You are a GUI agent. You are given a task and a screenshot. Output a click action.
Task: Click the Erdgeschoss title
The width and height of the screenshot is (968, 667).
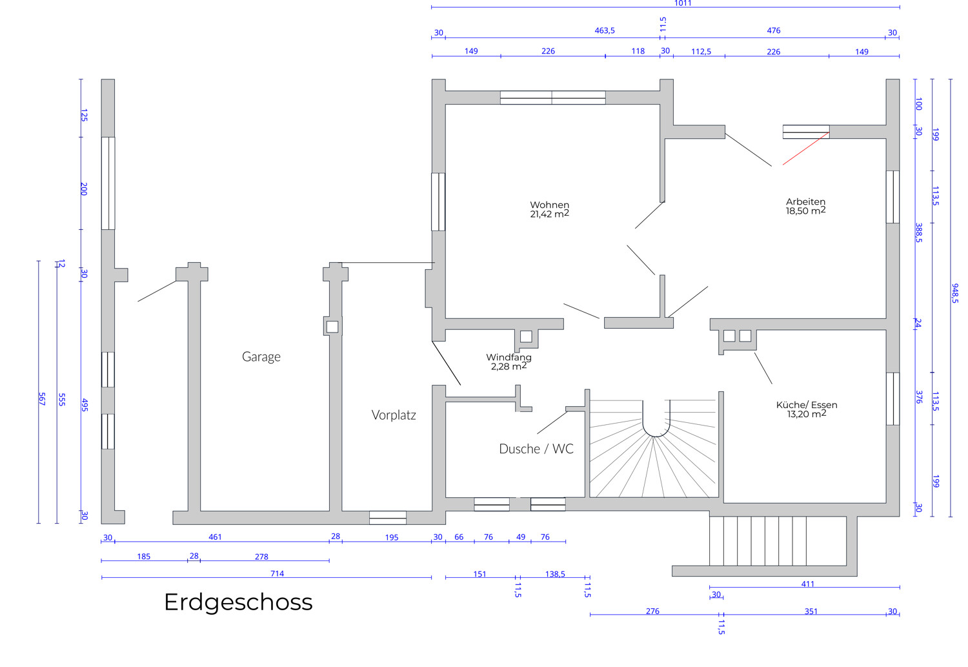pos(238,602)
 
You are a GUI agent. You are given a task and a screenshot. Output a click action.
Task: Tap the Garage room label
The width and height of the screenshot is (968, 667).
pos(261,356)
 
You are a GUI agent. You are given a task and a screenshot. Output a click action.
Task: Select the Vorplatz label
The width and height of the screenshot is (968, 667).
pos(394,415)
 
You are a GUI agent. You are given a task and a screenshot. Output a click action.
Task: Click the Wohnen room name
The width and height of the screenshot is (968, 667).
pos(550,205)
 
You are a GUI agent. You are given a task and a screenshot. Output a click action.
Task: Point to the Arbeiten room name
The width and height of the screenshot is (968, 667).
pos(805,201)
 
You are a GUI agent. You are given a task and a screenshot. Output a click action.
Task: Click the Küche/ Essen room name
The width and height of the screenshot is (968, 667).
pos(807,405)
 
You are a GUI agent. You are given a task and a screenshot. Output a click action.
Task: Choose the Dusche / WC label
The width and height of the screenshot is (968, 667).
pos(536,449)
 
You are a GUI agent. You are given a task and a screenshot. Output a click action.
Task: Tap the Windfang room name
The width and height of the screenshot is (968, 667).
pos(509,357)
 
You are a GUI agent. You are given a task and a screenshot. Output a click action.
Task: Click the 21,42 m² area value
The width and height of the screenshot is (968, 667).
pos(550,214)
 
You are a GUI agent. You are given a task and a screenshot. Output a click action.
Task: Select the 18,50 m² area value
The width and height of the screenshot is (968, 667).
pos(805,211)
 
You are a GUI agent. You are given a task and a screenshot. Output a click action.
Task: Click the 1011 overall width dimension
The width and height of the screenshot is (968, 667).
pos(683,4)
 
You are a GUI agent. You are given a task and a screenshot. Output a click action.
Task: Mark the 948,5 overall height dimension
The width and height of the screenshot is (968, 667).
pos(955,293)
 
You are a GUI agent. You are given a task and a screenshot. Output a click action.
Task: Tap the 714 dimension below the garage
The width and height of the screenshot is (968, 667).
pos(277,573)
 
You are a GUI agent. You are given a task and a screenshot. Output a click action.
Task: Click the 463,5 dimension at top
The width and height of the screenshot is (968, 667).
pos(605,30)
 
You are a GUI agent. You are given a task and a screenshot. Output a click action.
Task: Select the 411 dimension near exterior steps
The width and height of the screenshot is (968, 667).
pos(808,584)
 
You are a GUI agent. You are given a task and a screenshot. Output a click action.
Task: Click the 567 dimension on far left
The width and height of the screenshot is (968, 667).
pos(42,398)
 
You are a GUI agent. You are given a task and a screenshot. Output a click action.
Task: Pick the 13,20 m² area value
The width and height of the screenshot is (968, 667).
pos(807,415)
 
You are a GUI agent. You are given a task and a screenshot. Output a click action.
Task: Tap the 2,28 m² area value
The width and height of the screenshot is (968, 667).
pos(509,367)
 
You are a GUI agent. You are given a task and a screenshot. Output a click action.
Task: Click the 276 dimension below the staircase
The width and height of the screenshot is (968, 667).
pos(652,611)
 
